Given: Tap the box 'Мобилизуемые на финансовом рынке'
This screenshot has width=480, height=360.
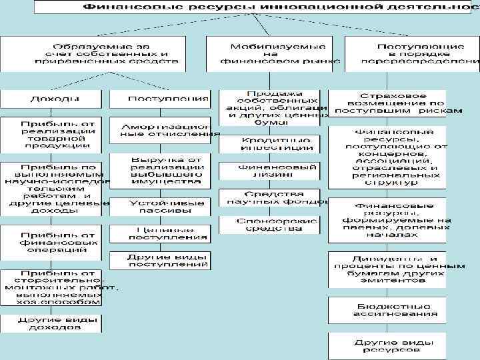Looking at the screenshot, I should coord(275,53).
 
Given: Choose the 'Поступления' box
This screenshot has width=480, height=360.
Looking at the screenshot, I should coord(159,99).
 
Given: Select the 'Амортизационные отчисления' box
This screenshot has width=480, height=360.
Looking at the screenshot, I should coord(159,130).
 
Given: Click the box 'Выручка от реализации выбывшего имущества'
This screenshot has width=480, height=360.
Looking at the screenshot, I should coord(159,171).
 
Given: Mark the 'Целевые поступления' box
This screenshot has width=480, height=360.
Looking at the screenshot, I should coord(159,233).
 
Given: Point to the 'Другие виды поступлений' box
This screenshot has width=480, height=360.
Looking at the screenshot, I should coord(159,260).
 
